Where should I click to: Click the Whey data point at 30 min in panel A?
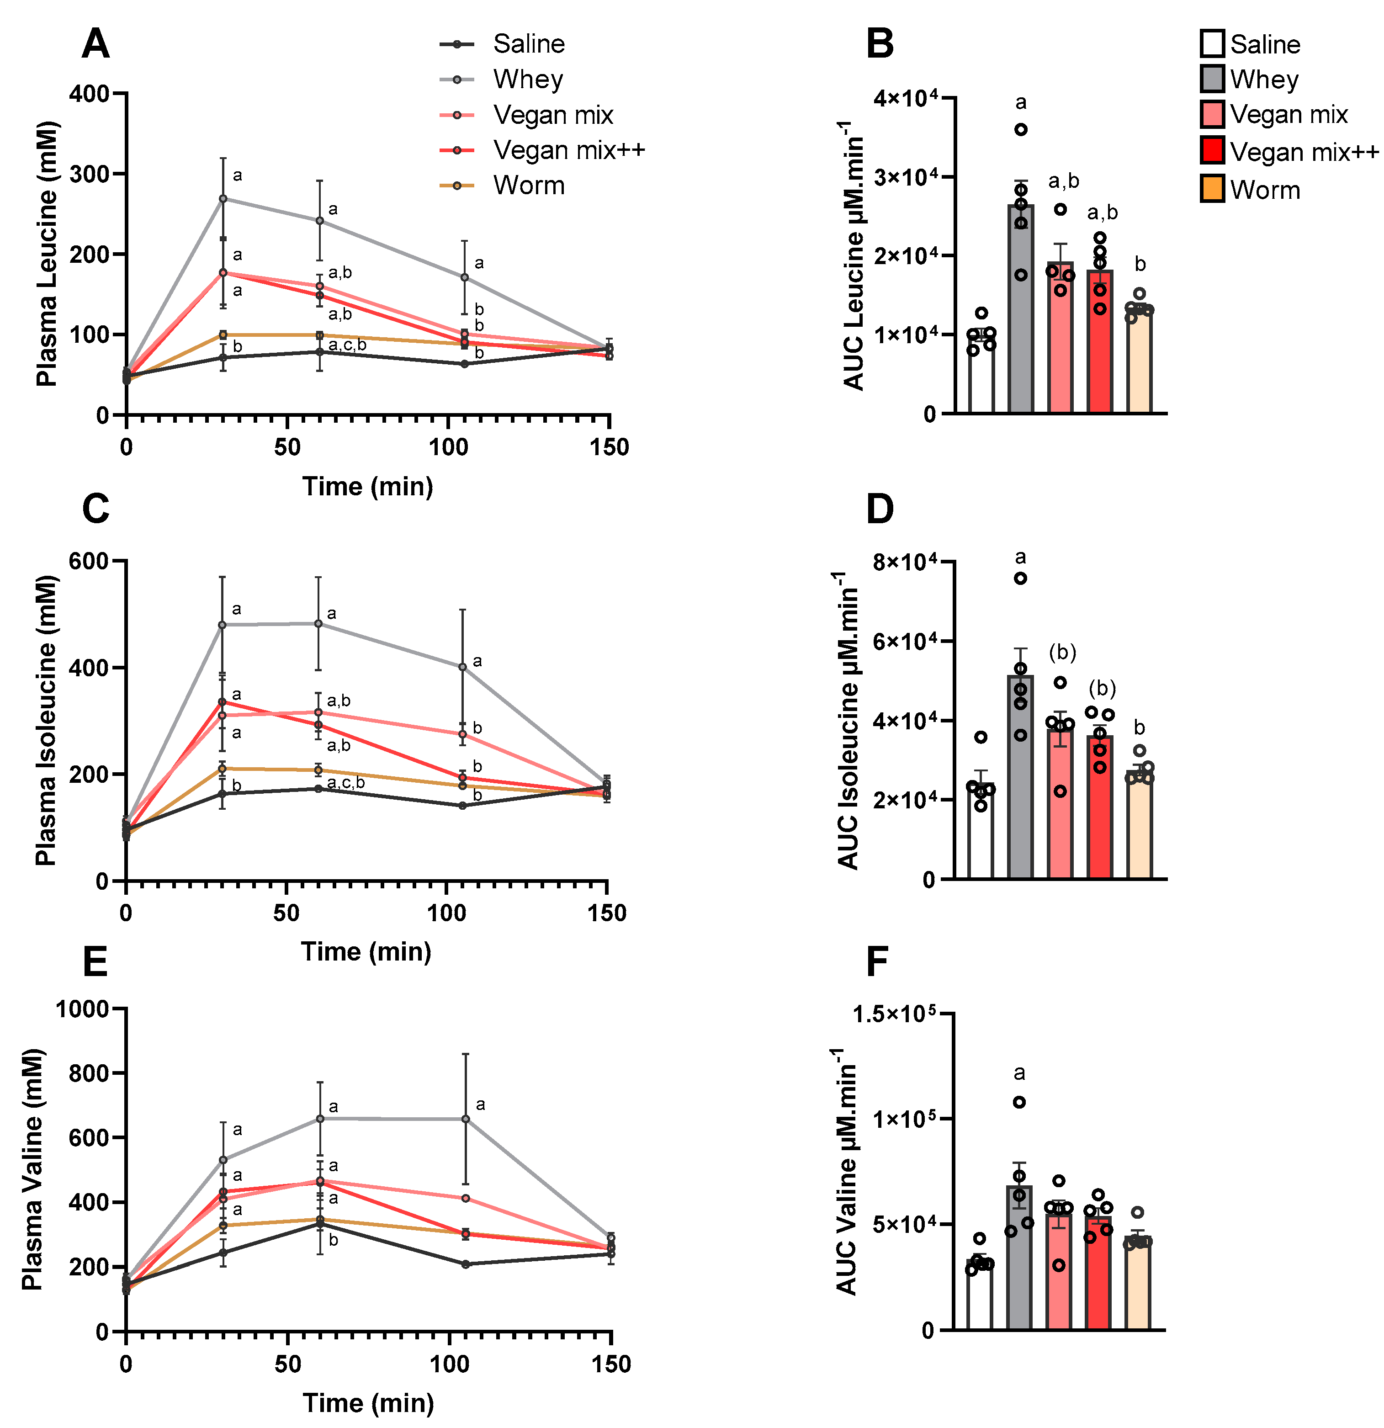coord(223,198)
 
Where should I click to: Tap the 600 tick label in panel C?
coord(88,561)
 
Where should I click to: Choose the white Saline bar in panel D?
coord(981,831)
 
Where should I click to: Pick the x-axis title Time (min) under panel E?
coord(368,1402)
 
